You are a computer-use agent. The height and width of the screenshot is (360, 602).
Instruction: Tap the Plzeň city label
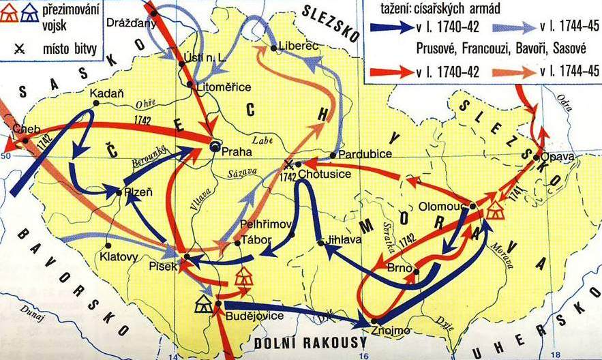[137, 193]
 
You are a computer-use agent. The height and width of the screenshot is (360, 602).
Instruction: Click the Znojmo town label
[391, 331]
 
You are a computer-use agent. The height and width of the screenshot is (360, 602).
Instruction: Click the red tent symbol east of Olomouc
[494, 211]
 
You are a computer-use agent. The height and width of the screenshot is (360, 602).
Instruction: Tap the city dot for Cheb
[25, 140]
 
